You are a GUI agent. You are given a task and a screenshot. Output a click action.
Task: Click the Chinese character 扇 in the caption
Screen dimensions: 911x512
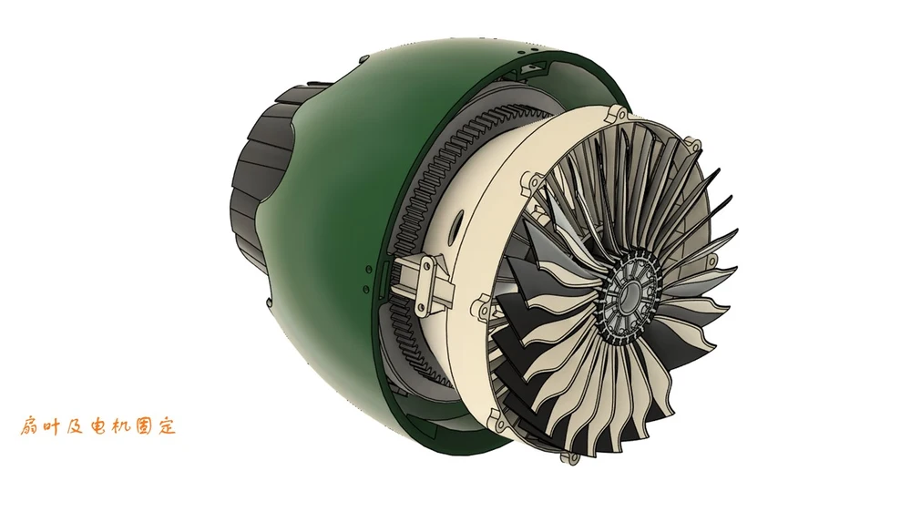click(x=30, y=426)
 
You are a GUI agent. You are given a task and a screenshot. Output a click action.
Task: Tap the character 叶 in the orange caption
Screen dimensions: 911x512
click(x=52, y=426)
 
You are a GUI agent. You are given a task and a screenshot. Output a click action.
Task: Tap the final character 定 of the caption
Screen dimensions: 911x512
click(x=166, y=426)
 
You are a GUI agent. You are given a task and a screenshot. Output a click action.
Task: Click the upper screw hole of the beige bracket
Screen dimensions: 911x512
click(x=427, y=266)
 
